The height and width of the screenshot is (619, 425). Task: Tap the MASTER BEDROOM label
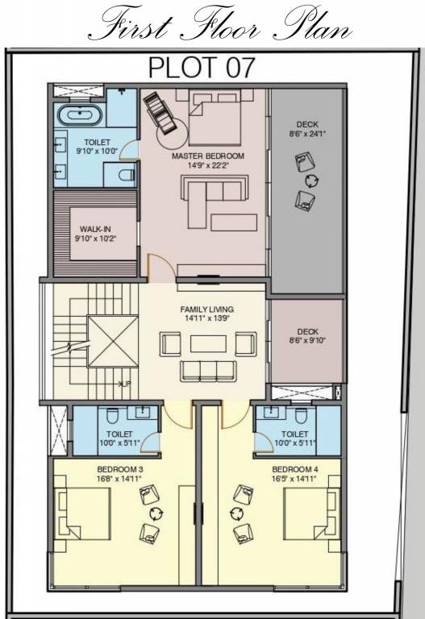pyautogui.click(x=207, y=156)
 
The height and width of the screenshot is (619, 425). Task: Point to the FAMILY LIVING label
pyautogui.click(x=206, y=309)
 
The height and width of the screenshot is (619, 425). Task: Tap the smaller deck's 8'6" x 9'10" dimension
pyautogui.click(x=307, y=340)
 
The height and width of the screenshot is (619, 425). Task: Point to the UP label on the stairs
pyautogui.click(x=125, y=384)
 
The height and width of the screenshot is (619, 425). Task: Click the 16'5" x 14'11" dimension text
pyautogui.click(x=294, y=479)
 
